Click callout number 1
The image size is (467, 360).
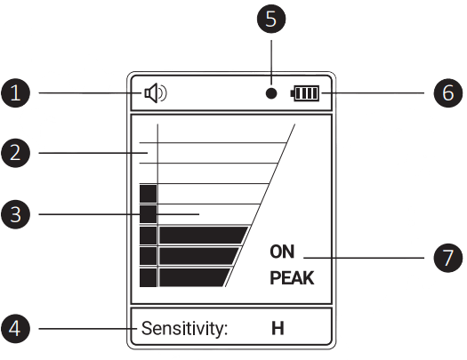tap(15, 92)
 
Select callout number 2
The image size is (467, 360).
tap(15, 153)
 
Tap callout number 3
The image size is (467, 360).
tap(15, 214)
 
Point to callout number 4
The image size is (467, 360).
tap(15, 329)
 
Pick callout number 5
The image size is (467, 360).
tap(271, 19)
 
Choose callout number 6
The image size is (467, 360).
tap(448, 92)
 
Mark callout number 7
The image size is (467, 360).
tap(448, 258)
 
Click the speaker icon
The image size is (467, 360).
tap(156, 93)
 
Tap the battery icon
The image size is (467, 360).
tap(305, 93)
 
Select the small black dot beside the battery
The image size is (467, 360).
tap(271, 93)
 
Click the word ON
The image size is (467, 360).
tap(282, 252)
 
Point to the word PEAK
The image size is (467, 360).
tap(292, 278)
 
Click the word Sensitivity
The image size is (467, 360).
tap(184, 329)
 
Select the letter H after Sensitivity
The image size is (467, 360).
tap(278, 329)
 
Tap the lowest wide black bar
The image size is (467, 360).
tap(195, 277)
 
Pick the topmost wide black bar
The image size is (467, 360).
tap(204, 236)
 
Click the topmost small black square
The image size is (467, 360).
tap(149, 194)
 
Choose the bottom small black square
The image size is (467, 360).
tap(149, 277)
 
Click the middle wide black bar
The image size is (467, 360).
tap(199, 256)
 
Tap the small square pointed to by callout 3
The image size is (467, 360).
tap(149, 214)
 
